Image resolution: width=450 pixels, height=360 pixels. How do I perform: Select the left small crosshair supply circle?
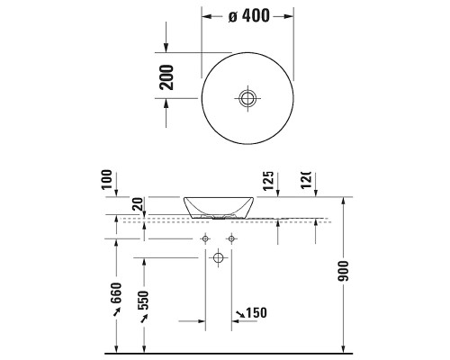(x=205, y=238)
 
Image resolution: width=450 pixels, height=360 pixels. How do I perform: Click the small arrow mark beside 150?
(x=239, y=312)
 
